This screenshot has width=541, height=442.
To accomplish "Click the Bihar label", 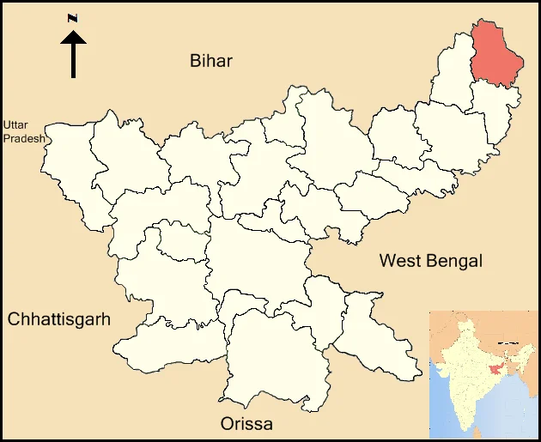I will coord(211,60).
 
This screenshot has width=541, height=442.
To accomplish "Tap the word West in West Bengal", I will coord(399,261).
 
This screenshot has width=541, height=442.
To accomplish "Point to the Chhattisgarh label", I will coord(59,320).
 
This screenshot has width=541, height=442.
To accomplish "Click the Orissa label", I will coord(246,424).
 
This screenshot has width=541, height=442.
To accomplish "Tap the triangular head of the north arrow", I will coord(73,37).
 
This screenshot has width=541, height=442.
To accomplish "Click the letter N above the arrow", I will coord(73,18).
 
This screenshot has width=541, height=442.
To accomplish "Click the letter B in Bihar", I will coord(195,60).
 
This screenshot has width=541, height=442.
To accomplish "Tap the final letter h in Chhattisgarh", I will coord(106,320).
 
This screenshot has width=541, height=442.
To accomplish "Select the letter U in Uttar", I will coord(8,125).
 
